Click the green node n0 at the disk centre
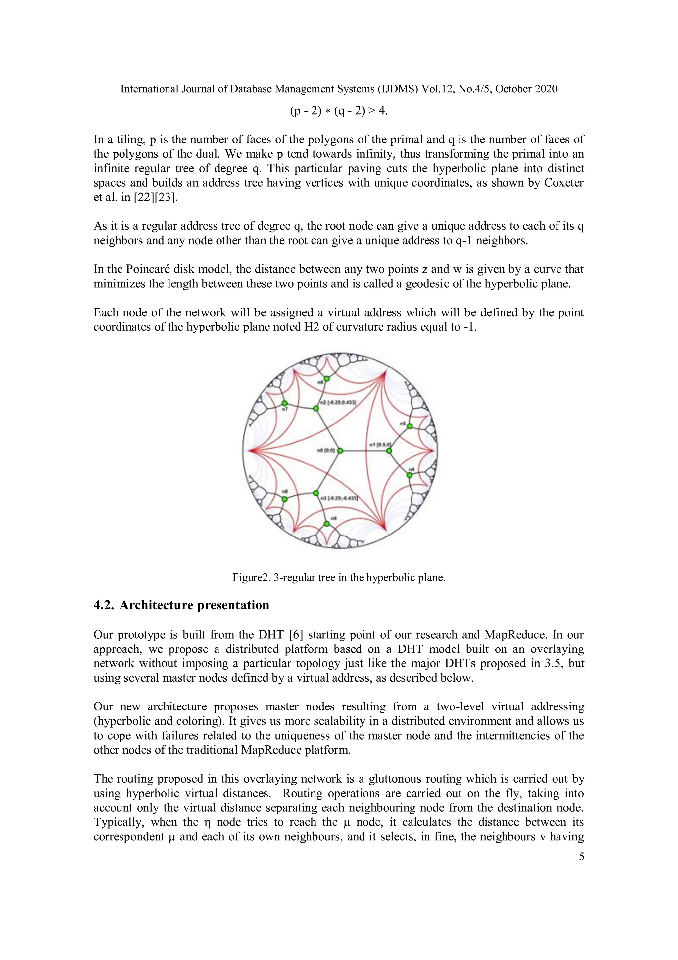coord(340,451)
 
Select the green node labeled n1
coord(389,451)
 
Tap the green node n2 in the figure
coord(316,408)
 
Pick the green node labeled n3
coord(316,493)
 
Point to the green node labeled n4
coord(410,475)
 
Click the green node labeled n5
coord(410,426)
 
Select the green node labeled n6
coord(327,379)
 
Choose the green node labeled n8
coord(284,499)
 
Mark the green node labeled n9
coord(327,524)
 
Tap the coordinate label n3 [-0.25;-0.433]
coord(339,498)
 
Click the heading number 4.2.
coord(103,605)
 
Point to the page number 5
coord(582,857)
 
